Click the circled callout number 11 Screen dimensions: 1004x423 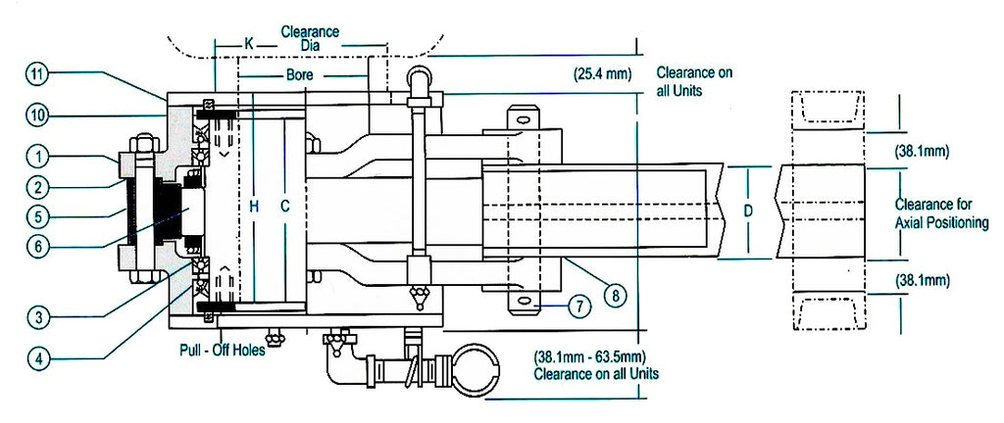click(x=37, y=74)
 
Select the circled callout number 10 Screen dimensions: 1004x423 click(x=37, y=116)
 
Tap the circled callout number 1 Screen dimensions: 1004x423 click(x=38, y=157)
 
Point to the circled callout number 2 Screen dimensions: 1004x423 click(x=38, y=187)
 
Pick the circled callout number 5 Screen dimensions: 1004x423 click(x=38, y=216)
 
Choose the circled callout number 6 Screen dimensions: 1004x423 click(x=38, y=247)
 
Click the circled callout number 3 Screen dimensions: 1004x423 click(x=39, y=315)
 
